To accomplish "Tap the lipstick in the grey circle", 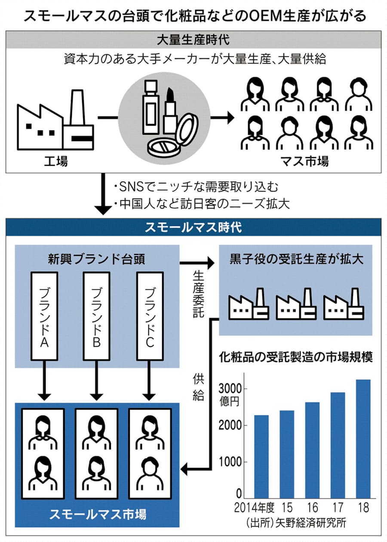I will tap(169, 112).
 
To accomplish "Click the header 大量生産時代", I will tap(193, 41).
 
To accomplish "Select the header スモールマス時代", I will tap(193, 227).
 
